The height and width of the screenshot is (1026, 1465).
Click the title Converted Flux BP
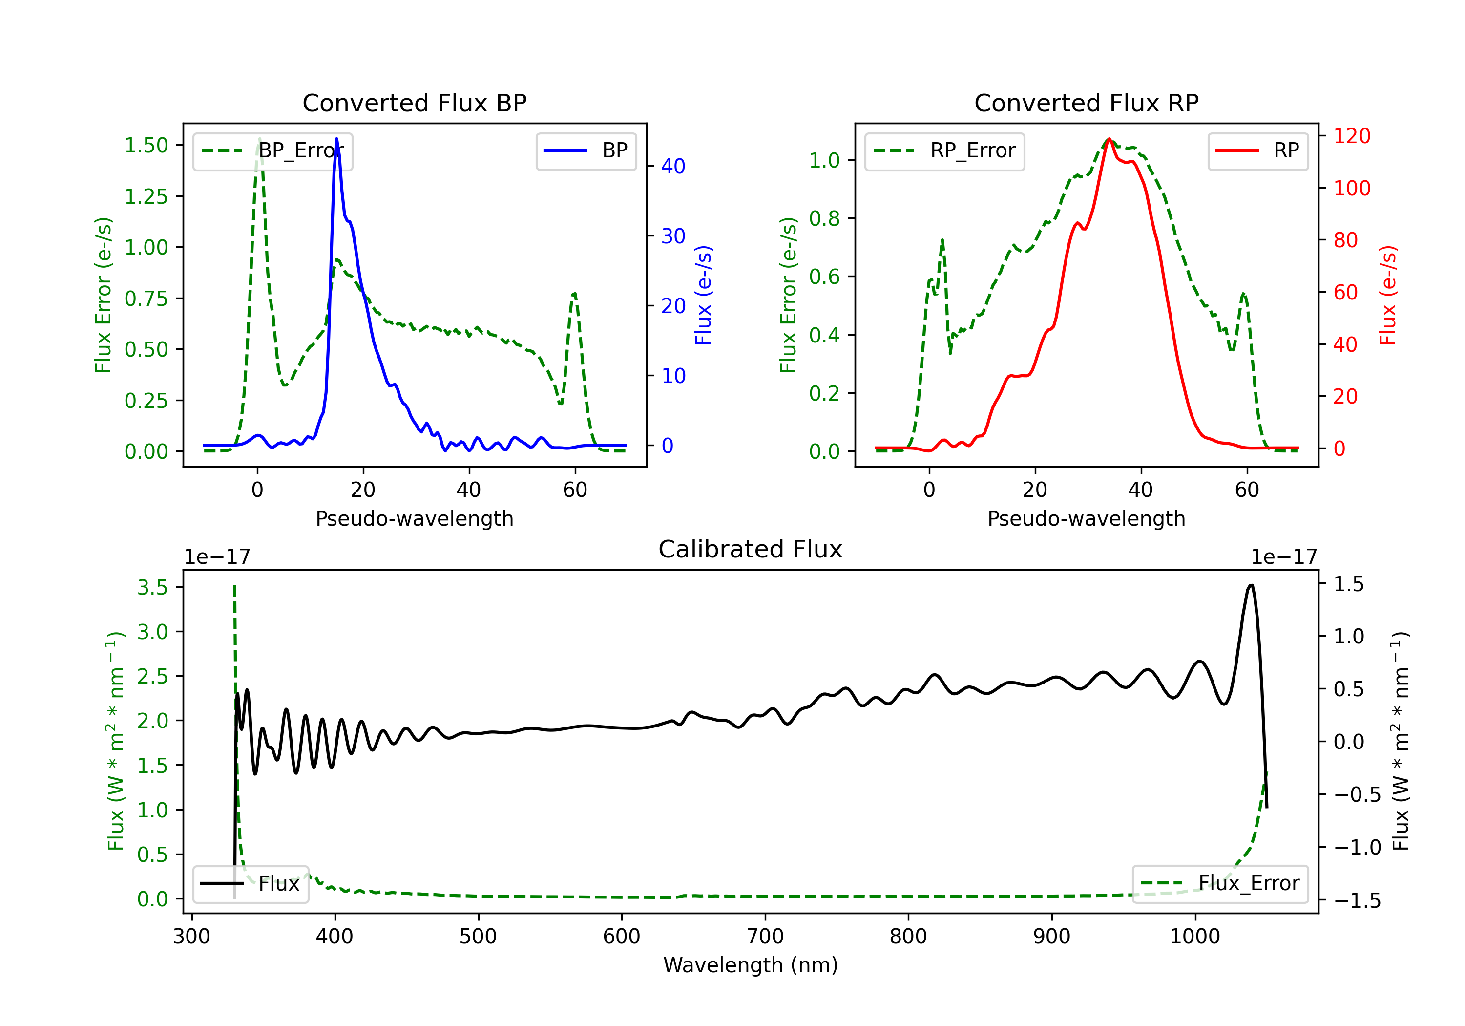click(x=414, y=103)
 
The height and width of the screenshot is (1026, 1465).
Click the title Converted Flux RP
click(x=1086, y=103)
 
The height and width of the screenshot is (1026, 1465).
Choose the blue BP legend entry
click(x=586, y=150)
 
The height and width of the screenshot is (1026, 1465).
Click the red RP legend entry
click(x=1257, y=150)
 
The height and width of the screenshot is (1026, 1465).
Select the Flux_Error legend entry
click(x=1220, y=884)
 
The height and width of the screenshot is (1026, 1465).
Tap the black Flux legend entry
click(x=250, y=884)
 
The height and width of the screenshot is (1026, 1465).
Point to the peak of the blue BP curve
click(x=336, y=139)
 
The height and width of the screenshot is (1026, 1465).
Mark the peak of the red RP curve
click(x=1109, y=139)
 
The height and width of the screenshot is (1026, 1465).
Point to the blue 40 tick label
click(x=673, y=167)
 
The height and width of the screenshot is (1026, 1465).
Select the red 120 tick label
click(x=1351, y=136)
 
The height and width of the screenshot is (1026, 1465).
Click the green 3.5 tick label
click(x=152, y=587)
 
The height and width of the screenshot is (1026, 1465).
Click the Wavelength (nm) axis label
click(x=751, y=965)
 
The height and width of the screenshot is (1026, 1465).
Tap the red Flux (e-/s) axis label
click(x=1388, y=296)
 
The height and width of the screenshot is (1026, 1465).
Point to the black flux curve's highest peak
click(x=1251, y=585)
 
